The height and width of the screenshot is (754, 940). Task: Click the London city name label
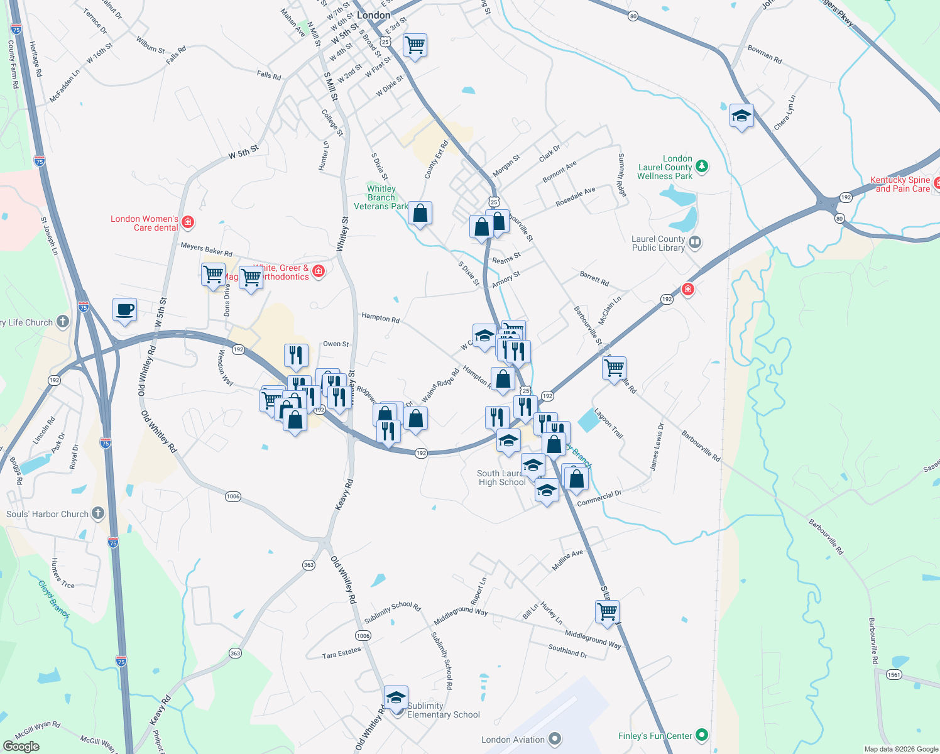coord(373,15)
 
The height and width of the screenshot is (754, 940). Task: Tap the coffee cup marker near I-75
coord(124,310)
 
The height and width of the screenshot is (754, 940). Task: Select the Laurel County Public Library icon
coord(694,243)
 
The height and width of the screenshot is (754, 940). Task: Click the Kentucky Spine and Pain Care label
coord(900,184)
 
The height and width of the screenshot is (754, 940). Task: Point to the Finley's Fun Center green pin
coord(702,735)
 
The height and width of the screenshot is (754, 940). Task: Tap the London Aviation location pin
coord(555,739)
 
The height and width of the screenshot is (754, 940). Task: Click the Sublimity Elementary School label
coord(443,710)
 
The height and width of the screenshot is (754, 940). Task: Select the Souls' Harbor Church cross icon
coord(97,513)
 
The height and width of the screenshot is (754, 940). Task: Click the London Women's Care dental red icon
coord(187,222)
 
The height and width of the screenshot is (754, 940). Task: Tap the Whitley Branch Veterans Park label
coord(381,197)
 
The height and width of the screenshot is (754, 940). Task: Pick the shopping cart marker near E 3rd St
coord(415,45)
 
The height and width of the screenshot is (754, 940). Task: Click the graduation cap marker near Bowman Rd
coord(741,116)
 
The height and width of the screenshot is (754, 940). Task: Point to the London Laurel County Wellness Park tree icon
coord(702,167)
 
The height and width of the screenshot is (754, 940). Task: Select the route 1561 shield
coord(894,674)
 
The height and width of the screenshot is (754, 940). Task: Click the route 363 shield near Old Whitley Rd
coord(309,565)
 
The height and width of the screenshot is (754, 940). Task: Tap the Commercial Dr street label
coord(599,499)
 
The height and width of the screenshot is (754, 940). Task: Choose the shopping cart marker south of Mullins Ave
coord(607,611)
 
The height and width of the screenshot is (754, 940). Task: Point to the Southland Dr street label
coord(567,651)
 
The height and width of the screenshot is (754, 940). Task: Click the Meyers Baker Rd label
coord(206,249)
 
